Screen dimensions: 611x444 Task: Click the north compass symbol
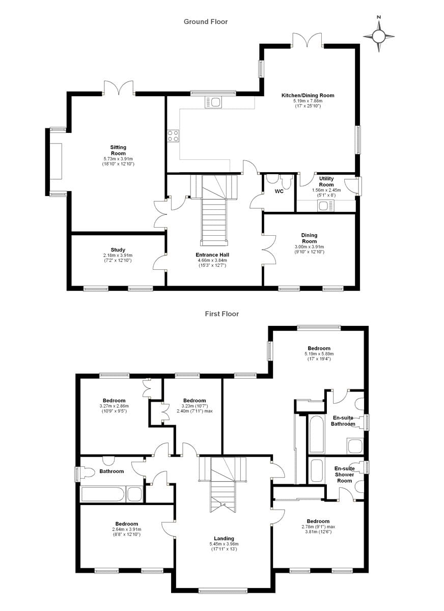pos(379,36)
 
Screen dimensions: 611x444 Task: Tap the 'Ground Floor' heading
pos(206,21)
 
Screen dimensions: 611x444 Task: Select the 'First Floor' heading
pos(221,314)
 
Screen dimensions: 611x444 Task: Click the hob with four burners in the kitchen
pos(173,136)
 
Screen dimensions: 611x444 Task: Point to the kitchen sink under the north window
pos(213,102)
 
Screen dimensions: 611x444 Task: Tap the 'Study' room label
pos(118,249)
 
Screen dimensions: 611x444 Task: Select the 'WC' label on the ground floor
pos(279,191)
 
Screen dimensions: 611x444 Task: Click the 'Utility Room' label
pos(326,182)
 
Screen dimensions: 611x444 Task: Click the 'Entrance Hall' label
pos(212,255)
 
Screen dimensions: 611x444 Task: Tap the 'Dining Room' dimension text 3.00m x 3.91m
pos(309,247)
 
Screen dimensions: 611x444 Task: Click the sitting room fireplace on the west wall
pos(55,161)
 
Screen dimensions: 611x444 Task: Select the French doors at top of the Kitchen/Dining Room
pos(308,40)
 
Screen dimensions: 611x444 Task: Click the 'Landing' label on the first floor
pos(224,538)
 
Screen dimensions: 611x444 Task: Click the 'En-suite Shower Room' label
pos(344,474)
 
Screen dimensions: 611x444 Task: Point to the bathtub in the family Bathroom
pos(102,494)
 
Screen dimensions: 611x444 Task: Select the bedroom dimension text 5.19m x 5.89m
pos(319,353)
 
